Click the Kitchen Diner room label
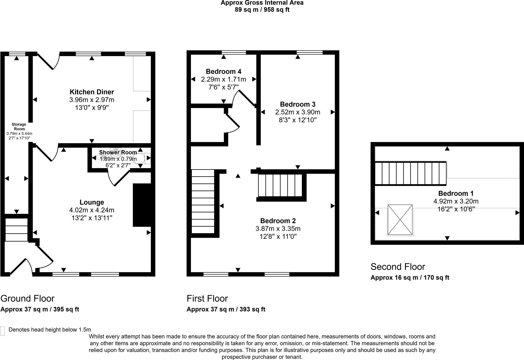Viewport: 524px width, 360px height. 92,92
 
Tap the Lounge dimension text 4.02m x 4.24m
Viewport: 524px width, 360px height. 92,210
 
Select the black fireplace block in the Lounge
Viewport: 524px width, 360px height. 142,205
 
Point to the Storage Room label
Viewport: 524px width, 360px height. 19,127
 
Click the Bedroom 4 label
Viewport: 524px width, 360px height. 223,71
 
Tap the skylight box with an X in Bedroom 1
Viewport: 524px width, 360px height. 400,220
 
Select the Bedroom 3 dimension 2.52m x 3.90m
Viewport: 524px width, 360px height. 298,112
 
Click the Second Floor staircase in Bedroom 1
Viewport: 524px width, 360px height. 410,173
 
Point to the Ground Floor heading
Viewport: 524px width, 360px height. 27,298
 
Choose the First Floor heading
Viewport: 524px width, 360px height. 207,298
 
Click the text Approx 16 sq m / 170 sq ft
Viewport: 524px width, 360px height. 410,278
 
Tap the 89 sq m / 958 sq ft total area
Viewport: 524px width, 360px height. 262,10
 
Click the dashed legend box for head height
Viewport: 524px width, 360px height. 3,331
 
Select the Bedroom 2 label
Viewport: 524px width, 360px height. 278,221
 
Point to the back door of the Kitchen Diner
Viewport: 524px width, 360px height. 49,61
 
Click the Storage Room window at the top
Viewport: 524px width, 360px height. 17,54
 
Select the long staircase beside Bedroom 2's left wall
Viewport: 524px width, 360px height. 203,201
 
